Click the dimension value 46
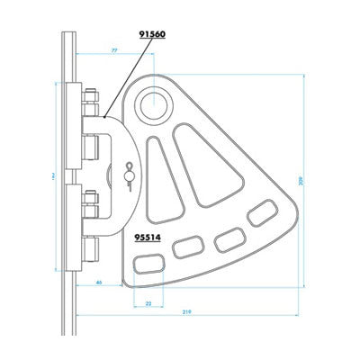96,283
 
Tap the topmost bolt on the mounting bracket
93,94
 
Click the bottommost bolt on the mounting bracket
93,247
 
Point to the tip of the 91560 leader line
106,118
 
